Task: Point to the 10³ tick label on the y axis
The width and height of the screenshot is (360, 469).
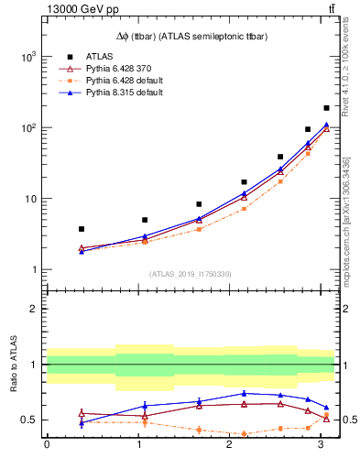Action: point(28,57)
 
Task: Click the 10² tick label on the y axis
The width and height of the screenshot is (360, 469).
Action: point(28,127)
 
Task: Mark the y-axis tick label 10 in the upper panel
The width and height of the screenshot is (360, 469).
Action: point(30,199)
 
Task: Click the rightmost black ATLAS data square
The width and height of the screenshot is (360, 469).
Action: point(326,108)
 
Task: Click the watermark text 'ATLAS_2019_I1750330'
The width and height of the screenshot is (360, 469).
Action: point(190,274)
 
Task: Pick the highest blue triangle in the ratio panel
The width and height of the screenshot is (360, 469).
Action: point(244,393)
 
